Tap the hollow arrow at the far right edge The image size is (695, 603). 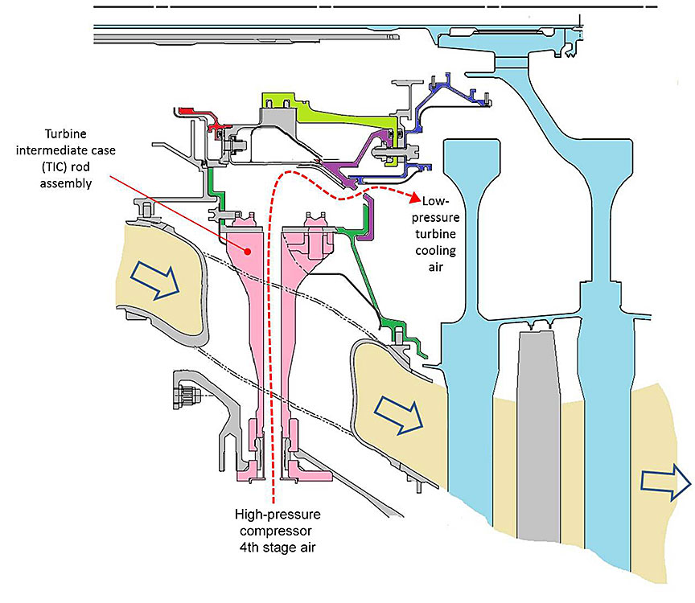[665, 483]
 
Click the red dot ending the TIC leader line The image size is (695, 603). [249, 251]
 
